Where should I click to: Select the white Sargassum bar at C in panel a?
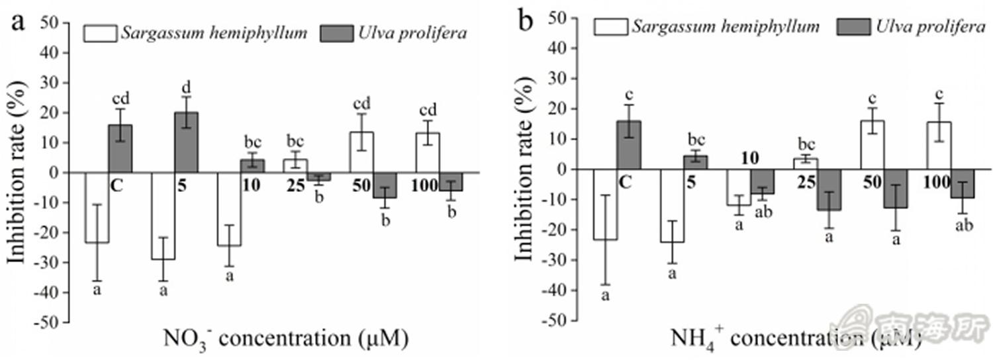pos(97,207)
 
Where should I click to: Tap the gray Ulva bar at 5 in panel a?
pos(186,142)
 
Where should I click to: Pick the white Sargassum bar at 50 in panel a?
pos(362,152)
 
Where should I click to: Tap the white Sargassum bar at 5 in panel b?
pos(672,205)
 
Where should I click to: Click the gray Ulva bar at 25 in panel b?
pos(827,189)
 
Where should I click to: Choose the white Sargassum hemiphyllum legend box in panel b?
pos(609,26)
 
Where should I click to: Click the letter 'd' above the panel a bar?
pos(186,87)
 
